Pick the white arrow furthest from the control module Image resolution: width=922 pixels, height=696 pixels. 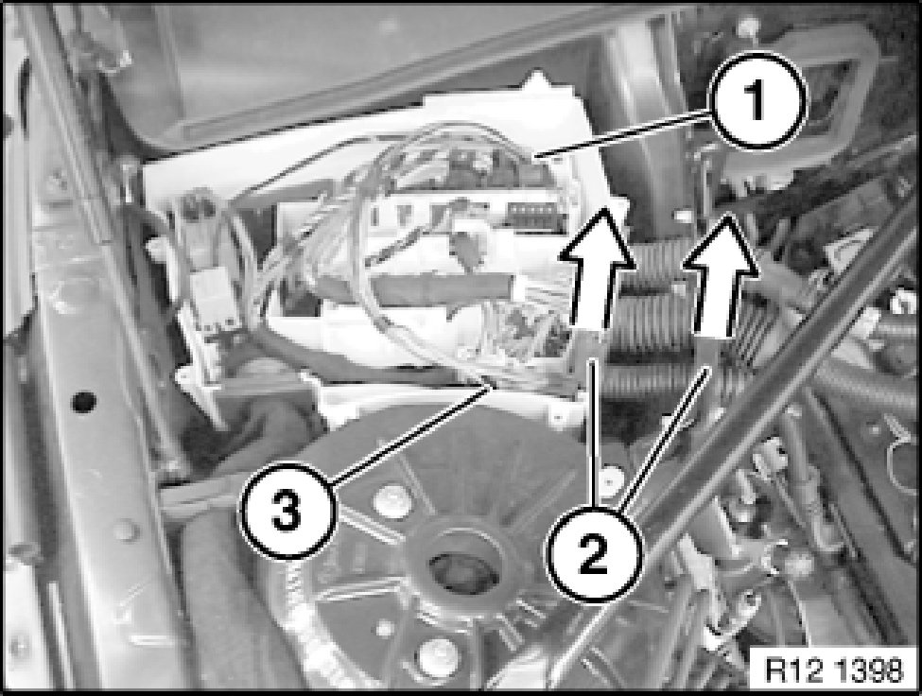pyautogui.click(x=721, y=275)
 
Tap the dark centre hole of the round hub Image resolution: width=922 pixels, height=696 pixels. pyautogui.click(x=458, y=570)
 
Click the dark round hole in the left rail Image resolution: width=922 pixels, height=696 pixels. pyautogui.click(x=84, y=402)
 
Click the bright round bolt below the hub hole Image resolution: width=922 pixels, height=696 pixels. pyautogui.click(x=436, y=653)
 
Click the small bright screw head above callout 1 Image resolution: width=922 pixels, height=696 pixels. pyautogui.click(x=748, y=25)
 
